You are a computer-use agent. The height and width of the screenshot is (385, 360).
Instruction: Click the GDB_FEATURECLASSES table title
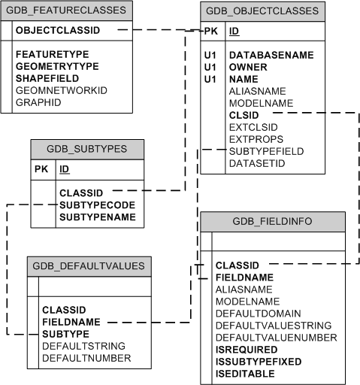[68, 11]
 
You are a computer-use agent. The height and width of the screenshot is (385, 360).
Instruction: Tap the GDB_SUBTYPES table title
[87, 148]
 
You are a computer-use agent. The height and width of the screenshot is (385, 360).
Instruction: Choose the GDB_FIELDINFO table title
[273, 221]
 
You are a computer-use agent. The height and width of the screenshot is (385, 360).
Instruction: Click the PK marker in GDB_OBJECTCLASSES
[211, 32]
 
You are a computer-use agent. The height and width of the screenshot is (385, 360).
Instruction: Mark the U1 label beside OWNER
[211, 66]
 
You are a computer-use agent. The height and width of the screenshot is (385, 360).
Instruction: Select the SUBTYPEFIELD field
[266, 151]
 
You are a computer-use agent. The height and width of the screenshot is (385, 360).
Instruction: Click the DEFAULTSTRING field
[83, 345]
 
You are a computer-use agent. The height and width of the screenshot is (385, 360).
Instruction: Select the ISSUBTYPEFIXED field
[258, 361]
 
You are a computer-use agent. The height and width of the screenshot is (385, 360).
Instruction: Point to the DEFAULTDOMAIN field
[259, 313]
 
